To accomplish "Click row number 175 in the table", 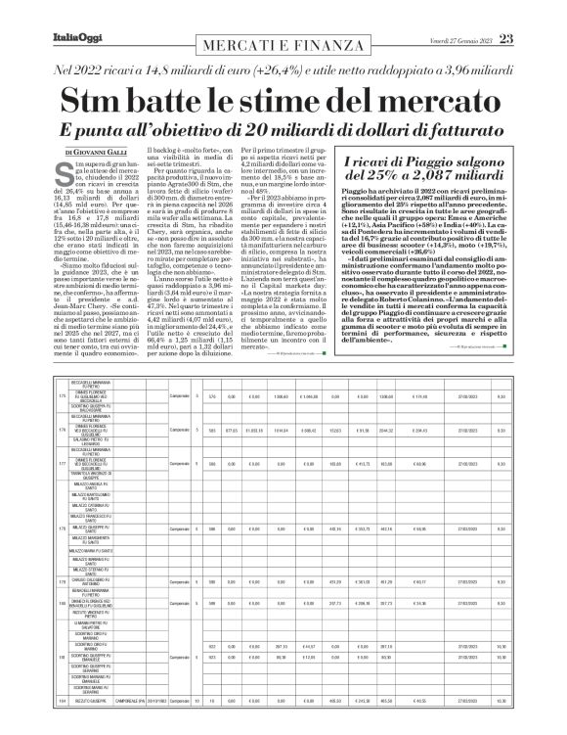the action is tap(61, 395).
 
